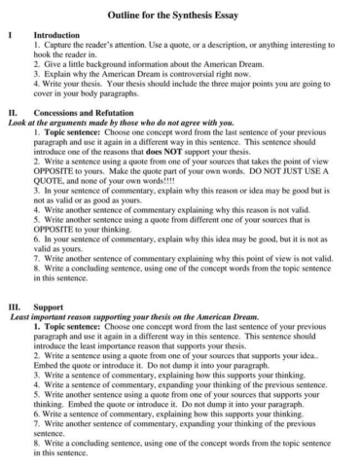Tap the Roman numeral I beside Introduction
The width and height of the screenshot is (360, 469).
point(10,33)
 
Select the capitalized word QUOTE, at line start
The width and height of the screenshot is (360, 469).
point(51,198)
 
